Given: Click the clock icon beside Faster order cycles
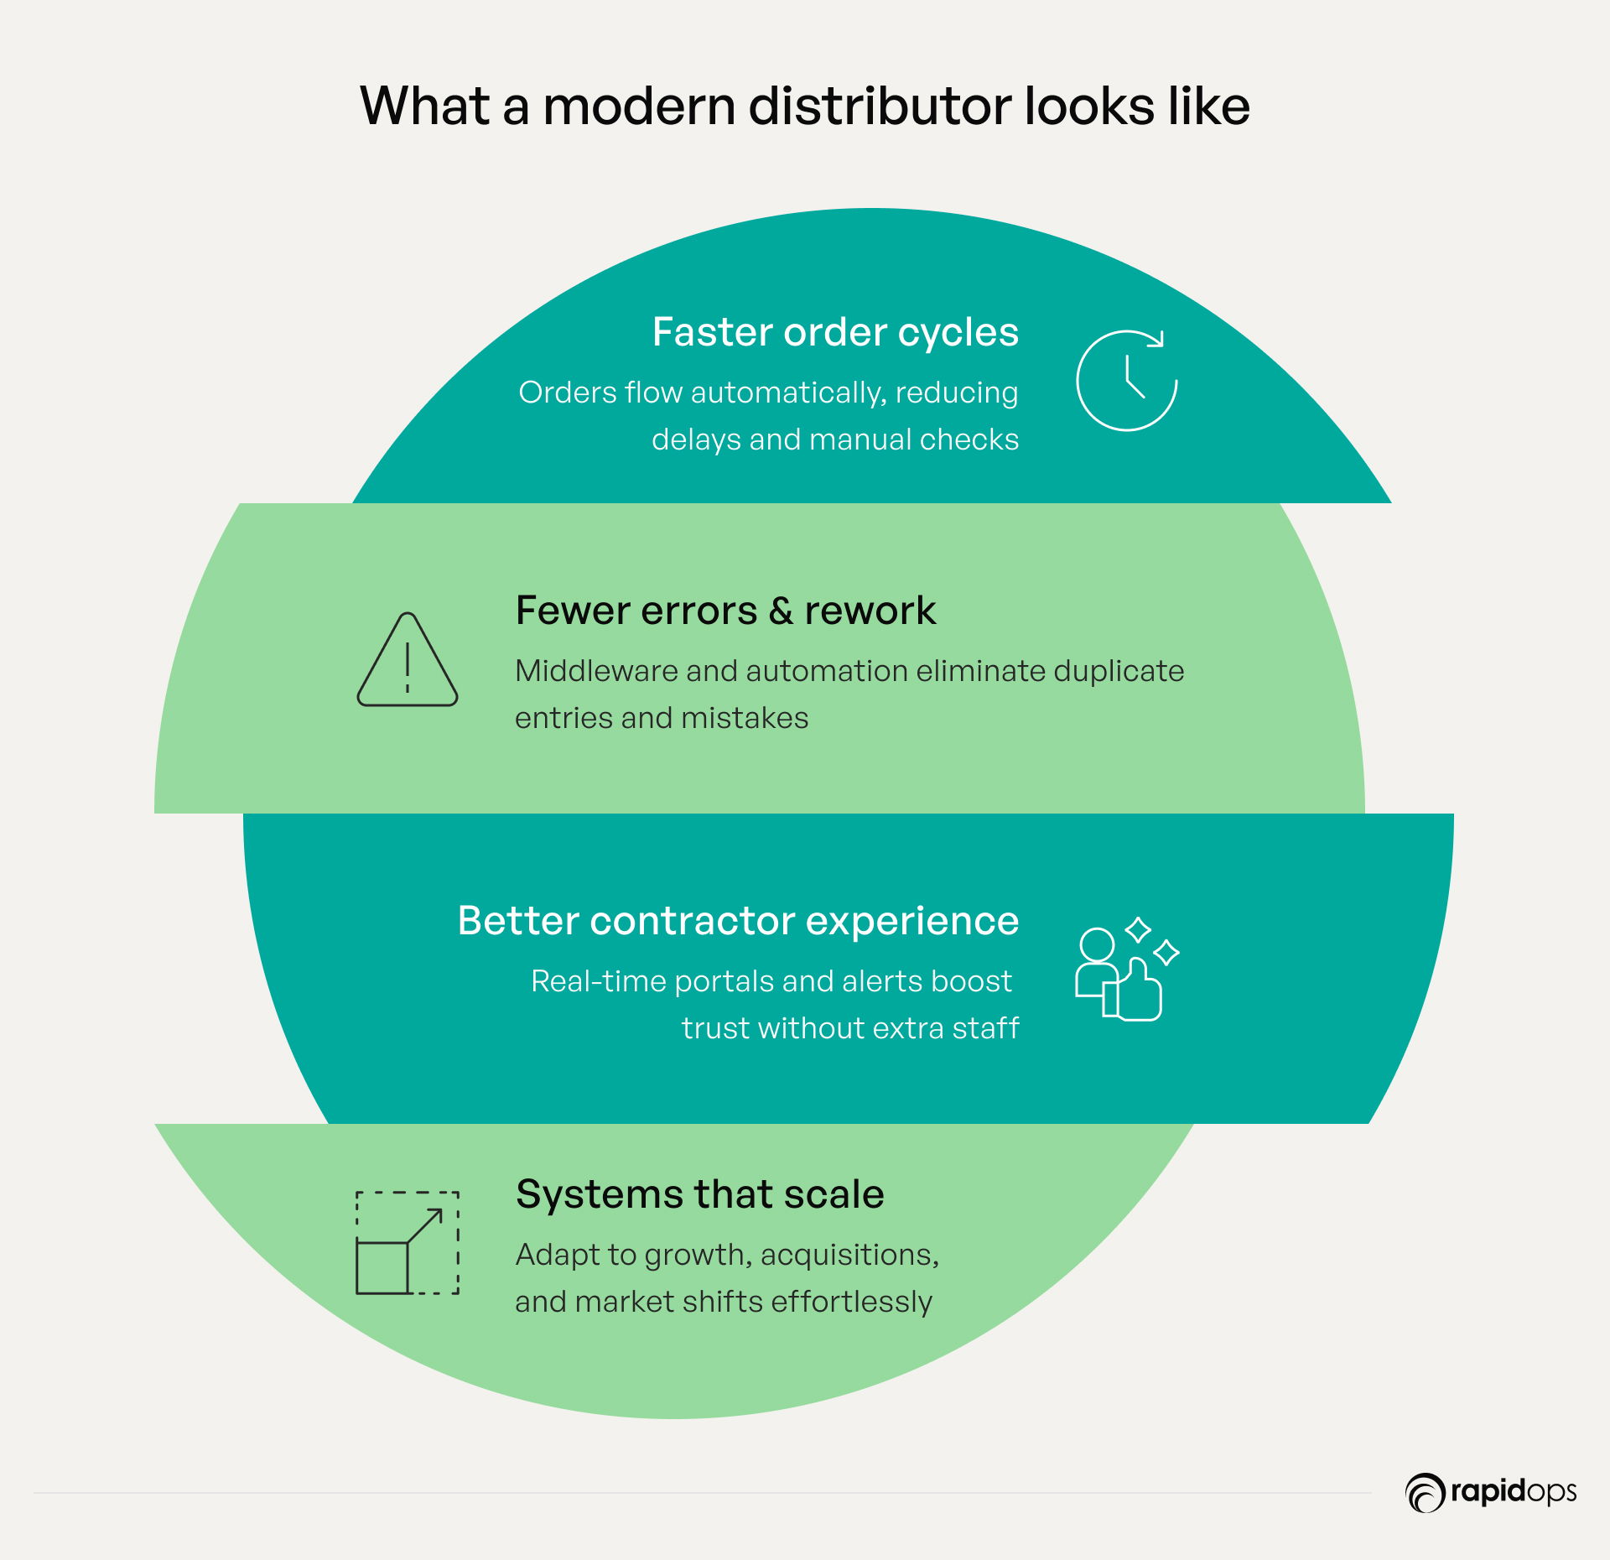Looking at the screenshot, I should coord(1127,381).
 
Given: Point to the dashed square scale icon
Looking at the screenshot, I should coord(408,1243).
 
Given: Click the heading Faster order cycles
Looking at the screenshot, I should coord(835,332).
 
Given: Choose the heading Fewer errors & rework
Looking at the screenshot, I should coord(725,611).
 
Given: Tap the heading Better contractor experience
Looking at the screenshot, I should coord(738,921).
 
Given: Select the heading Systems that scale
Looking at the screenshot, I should coord(699,1194).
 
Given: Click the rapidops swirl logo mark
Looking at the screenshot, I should coord(1424,1493).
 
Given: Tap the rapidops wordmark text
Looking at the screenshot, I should coord(1513,1492).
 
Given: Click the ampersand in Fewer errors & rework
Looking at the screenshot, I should coord(781,611).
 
